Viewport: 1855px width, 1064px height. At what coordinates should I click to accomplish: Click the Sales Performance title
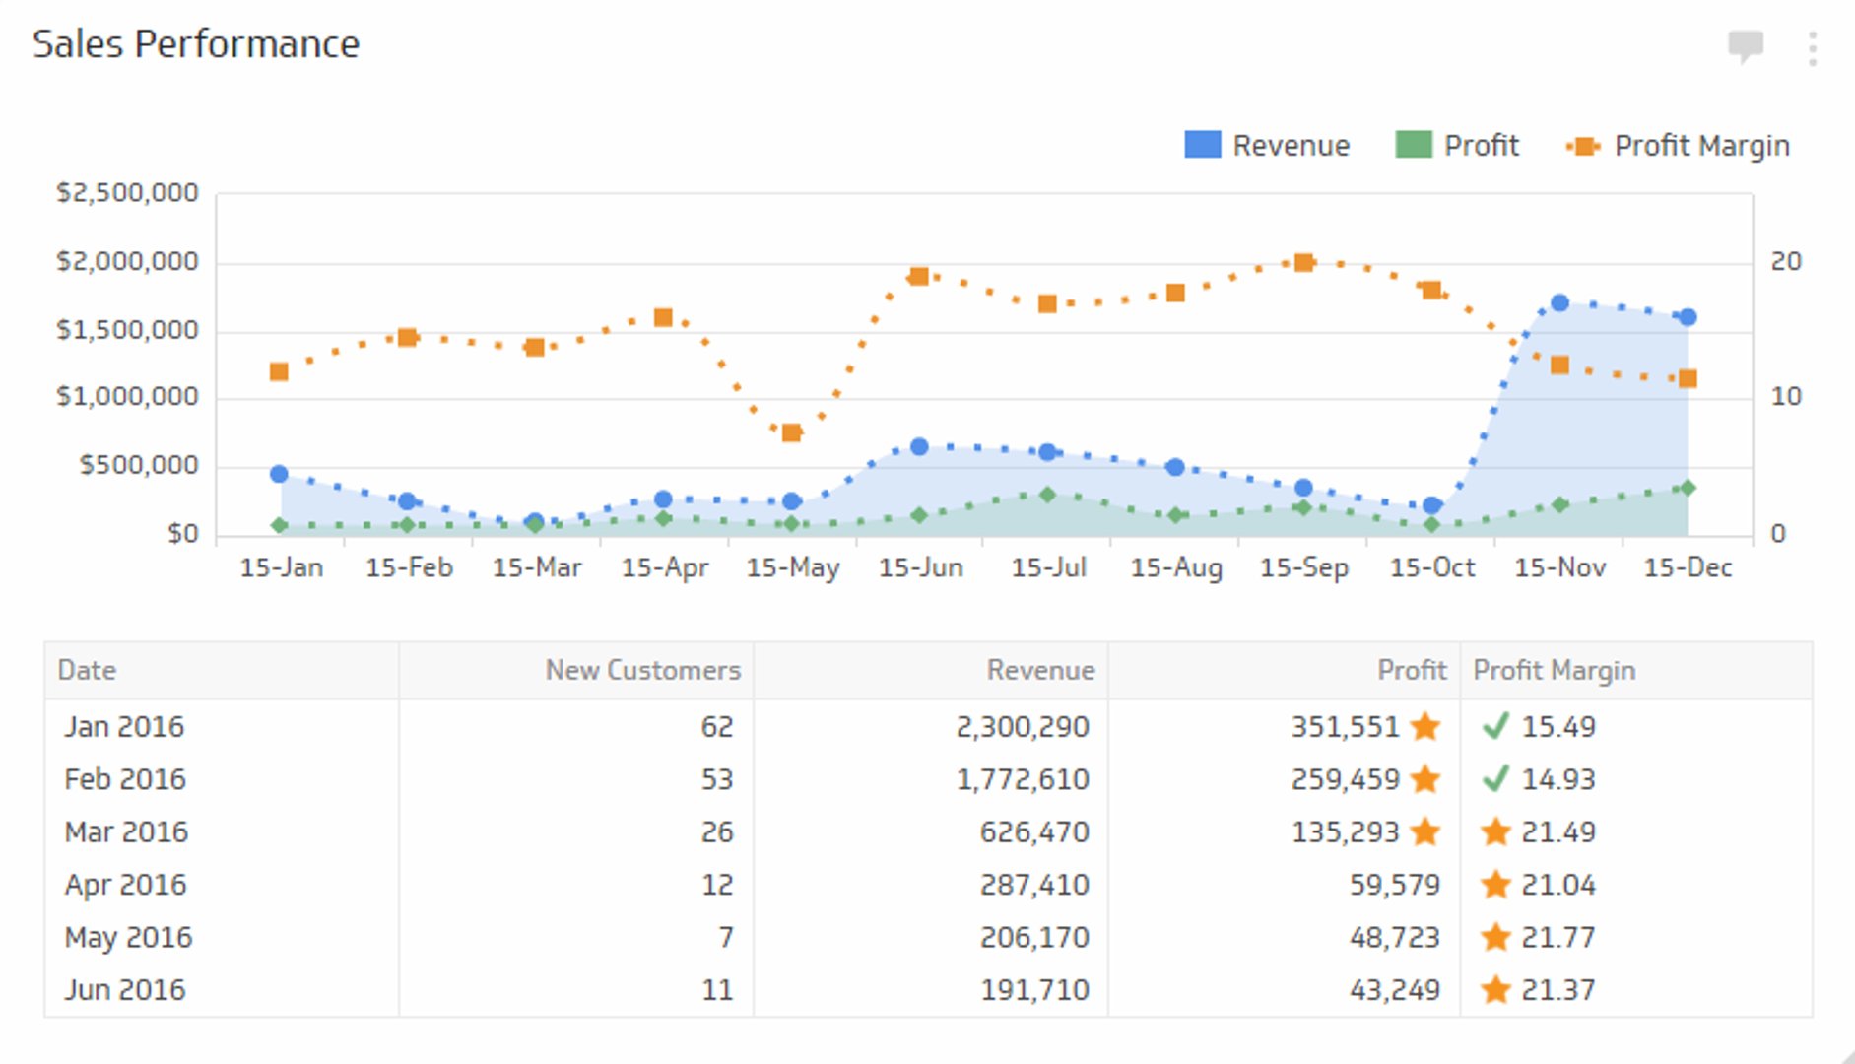pos(196,44)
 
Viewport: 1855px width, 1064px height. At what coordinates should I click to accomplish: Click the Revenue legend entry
pos(1267,146)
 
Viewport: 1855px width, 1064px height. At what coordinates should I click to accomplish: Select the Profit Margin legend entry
pos(1678,146)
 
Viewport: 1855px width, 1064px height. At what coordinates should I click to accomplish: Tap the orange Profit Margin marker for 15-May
pos(791,432)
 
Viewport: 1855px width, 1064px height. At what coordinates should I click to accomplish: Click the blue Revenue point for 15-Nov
pos(1559,303)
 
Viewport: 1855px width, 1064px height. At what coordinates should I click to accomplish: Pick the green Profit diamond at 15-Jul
pos(1047,495)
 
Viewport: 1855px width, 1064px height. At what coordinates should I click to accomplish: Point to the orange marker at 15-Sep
pos(1303,262)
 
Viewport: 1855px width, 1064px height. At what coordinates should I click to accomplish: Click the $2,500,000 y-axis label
pos(127,193)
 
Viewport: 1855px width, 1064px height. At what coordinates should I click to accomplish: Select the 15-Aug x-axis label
pos(1176,567)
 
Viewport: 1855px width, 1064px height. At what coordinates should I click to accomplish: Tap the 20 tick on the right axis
pos(1785,262)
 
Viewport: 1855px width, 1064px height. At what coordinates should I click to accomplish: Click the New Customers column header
pos(642,670)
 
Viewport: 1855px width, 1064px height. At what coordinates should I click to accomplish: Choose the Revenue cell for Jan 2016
pos(1023,727)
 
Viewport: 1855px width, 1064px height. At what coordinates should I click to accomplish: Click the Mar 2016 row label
pos(126,832)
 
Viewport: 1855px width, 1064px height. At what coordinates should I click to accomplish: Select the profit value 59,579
pos(1394,885)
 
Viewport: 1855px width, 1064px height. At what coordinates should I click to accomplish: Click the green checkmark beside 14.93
pos(1495,779)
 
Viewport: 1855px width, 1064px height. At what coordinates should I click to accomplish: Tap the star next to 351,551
pos(1425,727)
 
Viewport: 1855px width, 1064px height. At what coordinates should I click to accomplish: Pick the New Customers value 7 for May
pos(725,937)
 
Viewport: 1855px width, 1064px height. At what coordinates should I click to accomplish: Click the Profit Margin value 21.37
pos(1557,990)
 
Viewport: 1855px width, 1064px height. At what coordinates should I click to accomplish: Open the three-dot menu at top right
pos(1813,47)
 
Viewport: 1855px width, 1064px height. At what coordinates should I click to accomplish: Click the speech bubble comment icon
pos(1746,45)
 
